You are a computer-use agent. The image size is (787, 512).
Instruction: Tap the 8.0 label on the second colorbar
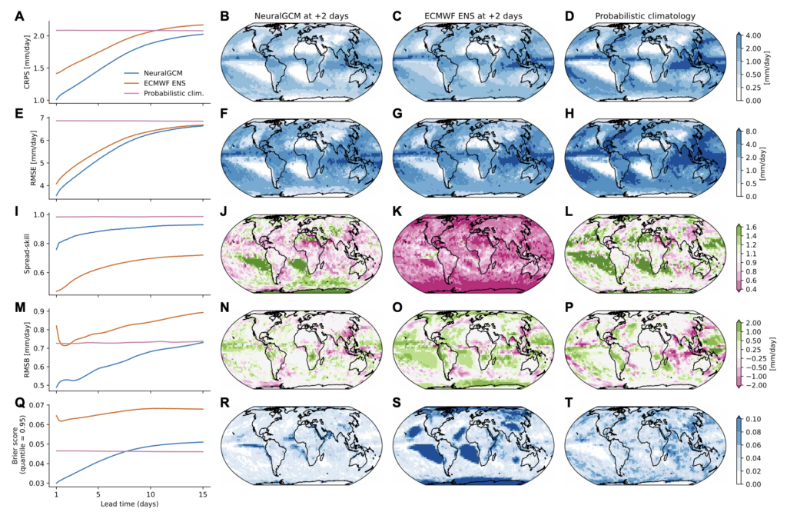click(754, 131)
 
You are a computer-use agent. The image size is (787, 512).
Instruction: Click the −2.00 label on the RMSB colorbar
click(756, 387)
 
